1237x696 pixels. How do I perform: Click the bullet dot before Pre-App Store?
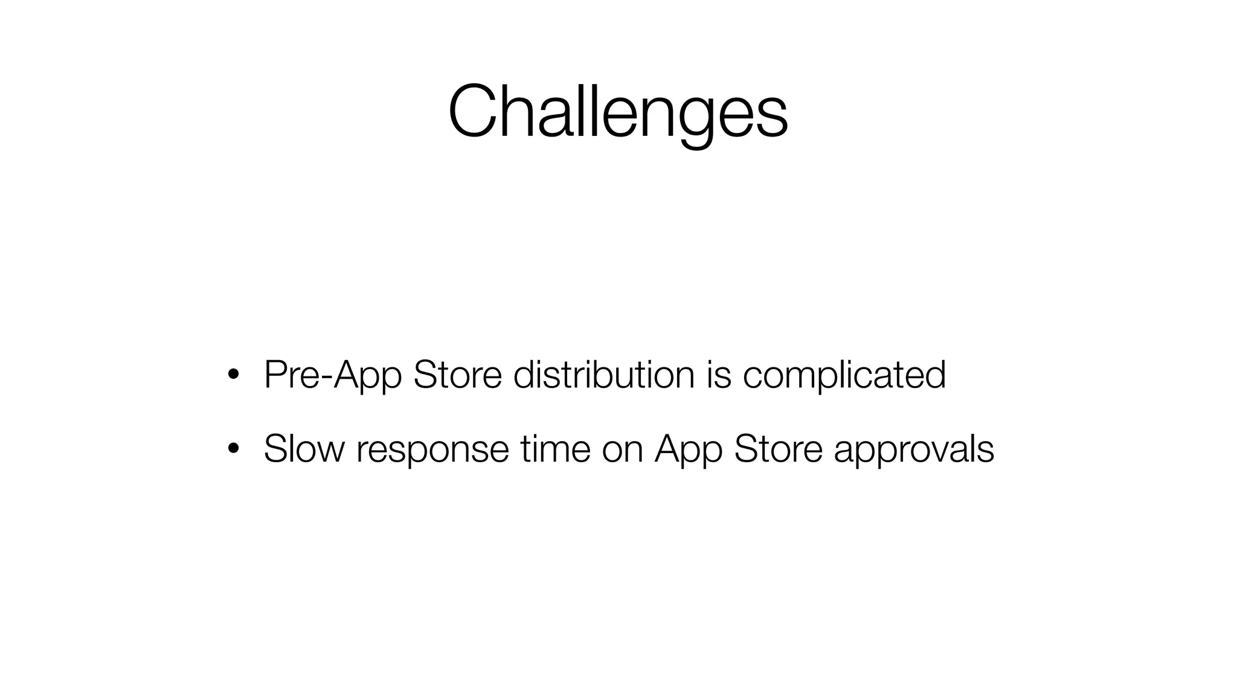pyautogui.click(x=232, y=375)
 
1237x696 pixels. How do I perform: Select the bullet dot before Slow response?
pyautogui.click(x=232, y=449)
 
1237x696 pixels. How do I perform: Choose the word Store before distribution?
pyautogui.click(x=457, y=375)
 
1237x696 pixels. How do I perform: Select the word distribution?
pyautogui.click(x=603, y=375)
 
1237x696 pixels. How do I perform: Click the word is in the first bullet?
pyautogui.click(x=718, y=375)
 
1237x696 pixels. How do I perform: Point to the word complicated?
pyautogui.click(x=844, y=375)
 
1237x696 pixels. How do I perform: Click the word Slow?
pyautogui.click(x=304, y=449)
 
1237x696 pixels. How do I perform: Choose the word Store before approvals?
pyautogui.click(x=778, y=449)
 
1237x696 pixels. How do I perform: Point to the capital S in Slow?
pyautogui.click(x=274, y=449)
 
